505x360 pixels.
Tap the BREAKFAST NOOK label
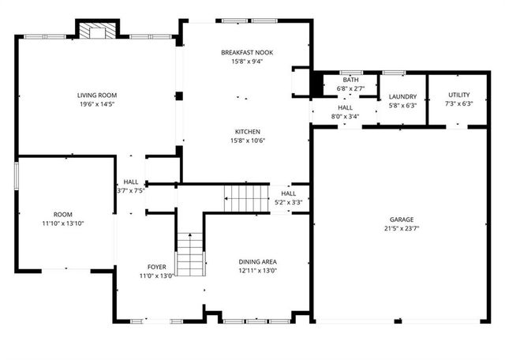pos(247,52)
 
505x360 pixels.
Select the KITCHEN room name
pos(247,132)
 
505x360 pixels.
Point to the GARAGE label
pos(401,219)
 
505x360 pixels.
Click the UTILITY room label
pos(458,95)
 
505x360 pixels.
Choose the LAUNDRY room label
pos(402,96)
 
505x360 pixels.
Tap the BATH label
pos(351,80)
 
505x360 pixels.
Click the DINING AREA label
pos(257,261)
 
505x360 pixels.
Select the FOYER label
pos(156,267)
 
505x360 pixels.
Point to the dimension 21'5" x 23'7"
pos(401,229)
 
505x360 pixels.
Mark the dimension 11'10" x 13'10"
pos(62,223)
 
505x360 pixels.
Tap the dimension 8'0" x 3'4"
pos(346,117)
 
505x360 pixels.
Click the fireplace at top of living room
pos(96,30)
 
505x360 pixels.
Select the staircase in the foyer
pos(189,254)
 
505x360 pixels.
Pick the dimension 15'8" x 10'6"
pos(247,141)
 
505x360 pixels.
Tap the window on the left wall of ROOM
pos(17,175)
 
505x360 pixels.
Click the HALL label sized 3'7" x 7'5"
pos(130,182)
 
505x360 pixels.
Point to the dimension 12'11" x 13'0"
pos(257,271)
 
